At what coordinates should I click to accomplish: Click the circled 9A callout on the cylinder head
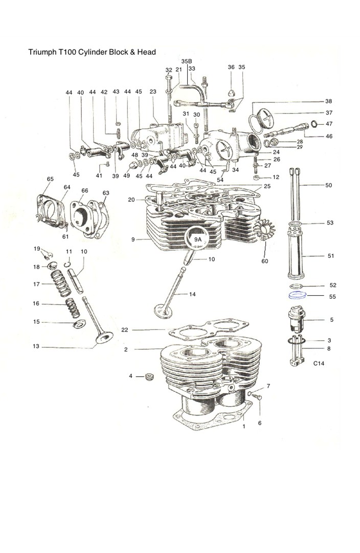(198, 239)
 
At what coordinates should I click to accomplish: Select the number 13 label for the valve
(36, 346)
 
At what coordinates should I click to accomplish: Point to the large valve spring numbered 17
(61, 283)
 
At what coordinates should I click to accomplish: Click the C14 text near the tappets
(319, 363)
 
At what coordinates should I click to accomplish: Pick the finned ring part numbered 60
(264, 230)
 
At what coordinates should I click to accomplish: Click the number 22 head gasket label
(125, 330)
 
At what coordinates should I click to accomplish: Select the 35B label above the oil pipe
(187, 61)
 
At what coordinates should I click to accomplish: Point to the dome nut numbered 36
(231, 94)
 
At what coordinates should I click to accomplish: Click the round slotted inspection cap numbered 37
(265, 118)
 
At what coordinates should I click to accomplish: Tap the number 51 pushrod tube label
(331, 256)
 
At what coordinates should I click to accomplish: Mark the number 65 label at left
(50, 179)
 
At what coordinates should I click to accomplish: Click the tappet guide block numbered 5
(296, 320)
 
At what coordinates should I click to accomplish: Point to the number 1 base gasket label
(243, 427)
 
